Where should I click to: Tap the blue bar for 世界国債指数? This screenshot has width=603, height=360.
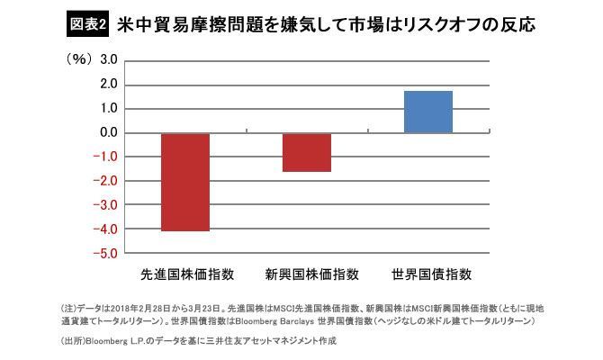pyautogui.click(x=427, y=112)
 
